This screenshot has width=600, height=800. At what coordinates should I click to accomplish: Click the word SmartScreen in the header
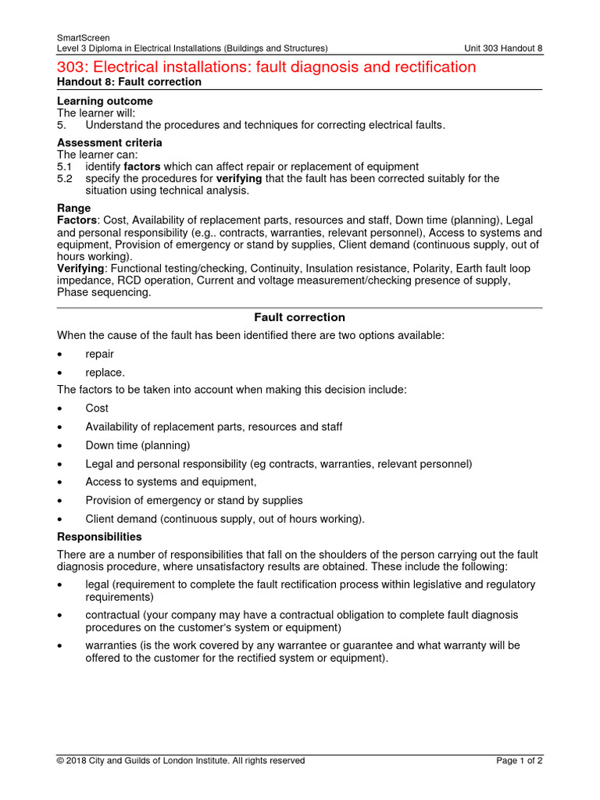(84, 37)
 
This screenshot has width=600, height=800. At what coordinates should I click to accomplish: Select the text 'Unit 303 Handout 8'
(503, 48)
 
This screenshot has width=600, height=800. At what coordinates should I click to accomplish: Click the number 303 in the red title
(73, 67)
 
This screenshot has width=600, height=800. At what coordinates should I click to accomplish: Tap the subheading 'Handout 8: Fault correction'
(129, 82)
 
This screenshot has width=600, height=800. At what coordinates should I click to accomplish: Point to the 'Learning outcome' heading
(105, 102)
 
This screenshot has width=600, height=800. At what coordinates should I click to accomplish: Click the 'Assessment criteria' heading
(109, 143)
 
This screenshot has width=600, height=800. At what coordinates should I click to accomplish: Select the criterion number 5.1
(64, 166)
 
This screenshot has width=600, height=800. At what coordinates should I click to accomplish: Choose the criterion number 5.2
(64, 178)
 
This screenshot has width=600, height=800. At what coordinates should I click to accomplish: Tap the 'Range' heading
(73, 209)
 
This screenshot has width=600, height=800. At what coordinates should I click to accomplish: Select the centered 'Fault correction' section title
(299, 317)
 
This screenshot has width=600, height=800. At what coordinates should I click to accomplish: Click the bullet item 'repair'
(99, 354)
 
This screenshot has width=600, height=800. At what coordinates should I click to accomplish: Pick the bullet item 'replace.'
(105, 373)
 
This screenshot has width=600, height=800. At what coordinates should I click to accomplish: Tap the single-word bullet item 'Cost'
(97, 408)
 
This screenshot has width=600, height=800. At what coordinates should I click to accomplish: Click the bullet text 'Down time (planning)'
(137, 445)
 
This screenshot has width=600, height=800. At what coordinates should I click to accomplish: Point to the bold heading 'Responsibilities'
(99, 537)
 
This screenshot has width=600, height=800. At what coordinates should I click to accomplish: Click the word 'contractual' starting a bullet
(114, 615)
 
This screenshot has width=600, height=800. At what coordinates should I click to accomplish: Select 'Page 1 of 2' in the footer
(520, 760)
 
